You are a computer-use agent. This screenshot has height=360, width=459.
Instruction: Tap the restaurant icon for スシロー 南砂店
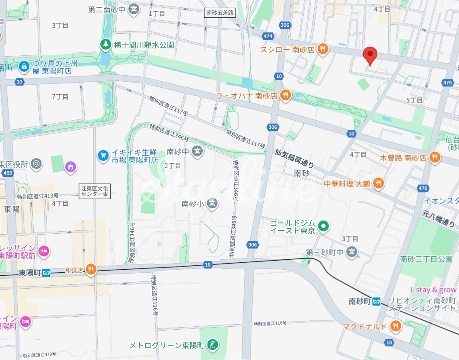pos(322,49)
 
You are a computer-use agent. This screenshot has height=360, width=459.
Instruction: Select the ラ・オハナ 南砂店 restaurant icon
pos(285,96)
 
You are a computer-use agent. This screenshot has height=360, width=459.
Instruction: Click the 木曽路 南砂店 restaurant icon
pos(434,157)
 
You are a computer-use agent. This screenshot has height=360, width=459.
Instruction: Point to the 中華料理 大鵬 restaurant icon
pos(378,184)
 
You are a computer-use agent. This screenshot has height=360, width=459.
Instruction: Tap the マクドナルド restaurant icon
pos(395,326)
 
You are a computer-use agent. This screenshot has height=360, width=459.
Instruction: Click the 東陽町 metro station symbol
pos(46,273)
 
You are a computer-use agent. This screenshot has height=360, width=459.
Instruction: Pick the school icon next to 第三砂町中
pos(353,252)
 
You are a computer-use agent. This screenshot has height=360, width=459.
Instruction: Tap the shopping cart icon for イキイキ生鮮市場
pos(103,154)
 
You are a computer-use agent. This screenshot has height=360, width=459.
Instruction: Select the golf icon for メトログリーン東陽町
pos(213,345)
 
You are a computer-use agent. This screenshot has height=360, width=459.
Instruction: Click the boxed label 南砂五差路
pos(219,13)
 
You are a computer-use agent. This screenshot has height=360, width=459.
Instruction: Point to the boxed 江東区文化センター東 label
pos(96,191)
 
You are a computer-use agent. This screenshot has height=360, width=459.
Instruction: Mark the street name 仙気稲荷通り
pos(295,158)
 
